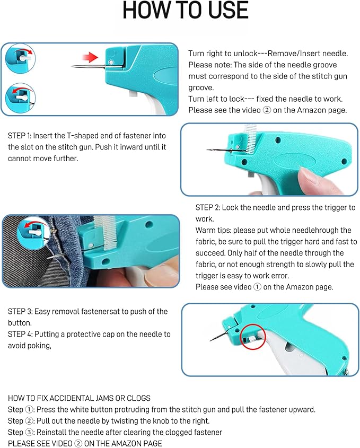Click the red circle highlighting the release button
click(250, 337)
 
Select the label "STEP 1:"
click(21, 136)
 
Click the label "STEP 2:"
click(209, 207)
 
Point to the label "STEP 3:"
click(21, 311)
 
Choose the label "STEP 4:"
click(21, 334)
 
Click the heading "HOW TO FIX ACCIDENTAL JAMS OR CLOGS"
click(79, 398)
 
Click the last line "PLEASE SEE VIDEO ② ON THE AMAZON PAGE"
click(85, 443)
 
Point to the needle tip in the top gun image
click(73, 66)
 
